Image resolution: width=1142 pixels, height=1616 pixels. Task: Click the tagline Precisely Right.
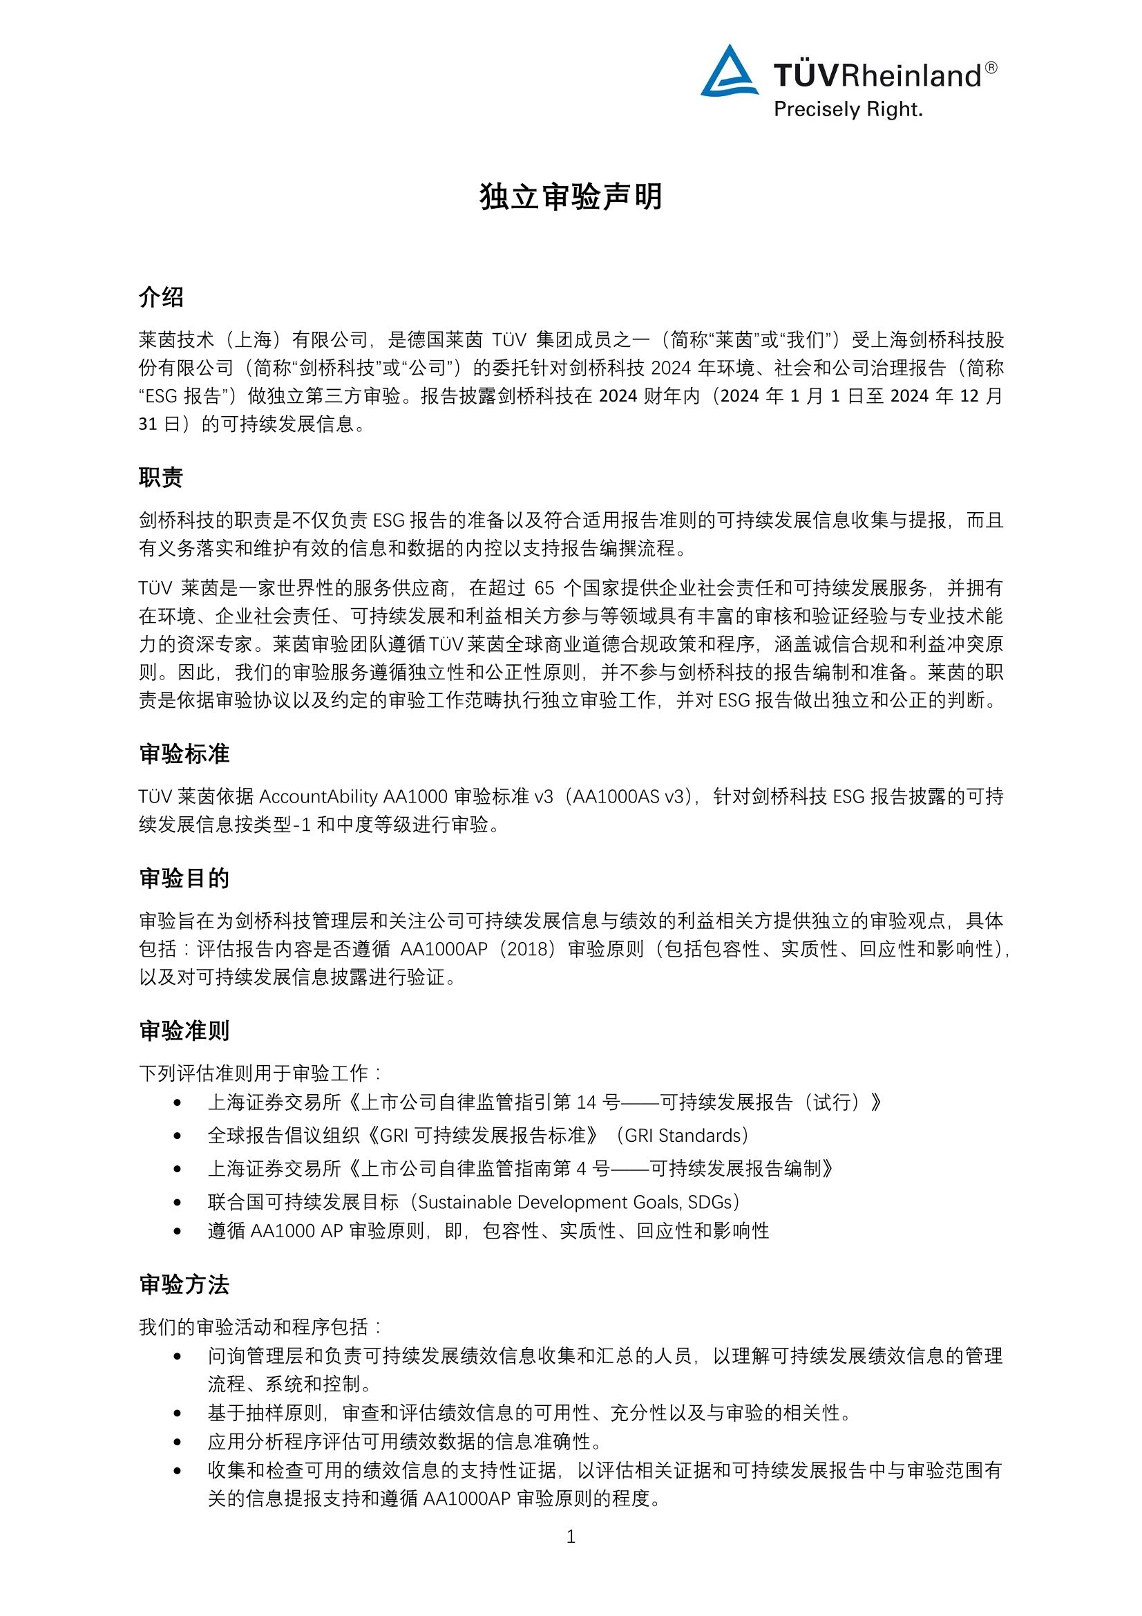pyautogui.click(x=848, y=110)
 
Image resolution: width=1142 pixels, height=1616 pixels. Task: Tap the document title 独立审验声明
pyautogui.click(x=571, y=197)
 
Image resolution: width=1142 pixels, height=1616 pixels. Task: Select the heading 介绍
pyautogui.click(x=161, y=297)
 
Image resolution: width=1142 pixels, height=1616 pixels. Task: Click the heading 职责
pyautogui.click(x=161, y=477)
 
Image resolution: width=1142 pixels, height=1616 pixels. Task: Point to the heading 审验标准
pyautogui.click(x=184, y=754)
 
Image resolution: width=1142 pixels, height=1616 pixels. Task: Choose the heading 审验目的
pyautogui.click(x=184, y=879)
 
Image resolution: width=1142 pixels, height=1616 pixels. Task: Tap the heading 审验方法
pyautogui.click(x=184, y=1284)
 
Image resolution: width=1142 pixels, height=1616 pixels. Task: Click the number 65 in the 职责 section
pyautogui.click(x=544, y=588)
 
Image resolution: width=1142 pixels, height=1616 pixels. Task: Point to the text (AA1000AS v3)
pyautogui.click(x=629, y=796)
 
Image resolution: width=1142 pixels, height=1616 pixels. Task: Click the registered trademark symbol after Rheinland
pyautogui.click(x=991, y=68)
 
